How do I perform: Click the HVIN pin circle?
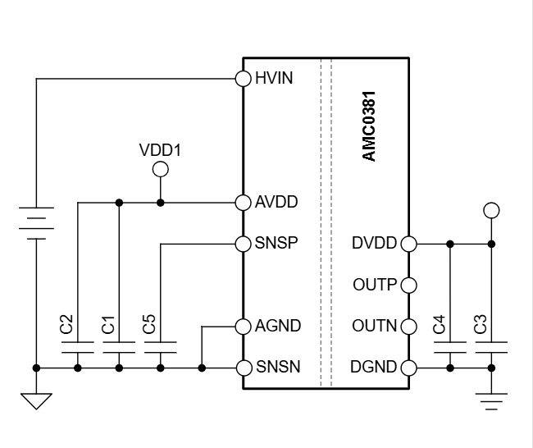(x=243, y=79)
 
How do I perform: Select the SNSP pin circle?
(x=243, y=244)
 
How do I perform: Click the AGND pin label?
(x=272, y=326)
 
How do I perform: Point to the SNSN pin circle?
(x=243, y=368)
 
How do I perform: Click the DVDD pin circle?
(x=408, y=244)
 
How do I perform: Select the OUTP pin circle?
(x=408, y=285)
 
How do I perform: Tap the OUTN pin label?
(x=375, y=326)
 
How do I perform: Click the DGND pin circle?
(x=408, y=368)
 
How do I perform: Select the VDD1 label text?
(x=160, y=151)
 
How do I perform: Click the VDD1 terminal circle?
(x=161, y=169)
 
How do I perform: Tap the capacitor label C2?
(x=67, y=325)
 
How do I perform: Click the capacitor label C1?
(x=108, y=325)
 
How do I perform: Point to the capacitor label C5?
(x=149, y=325)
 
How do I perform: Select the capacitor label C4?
(x=439, y=325)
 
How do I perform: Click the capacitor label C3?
(x=480, y=325)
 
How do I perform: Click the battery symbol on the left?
(x=36, y=222)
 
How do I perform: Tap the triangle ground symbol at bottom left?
(x=36, y=400)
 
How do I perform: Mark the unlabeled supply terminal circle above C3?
(x=491, y=211)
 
